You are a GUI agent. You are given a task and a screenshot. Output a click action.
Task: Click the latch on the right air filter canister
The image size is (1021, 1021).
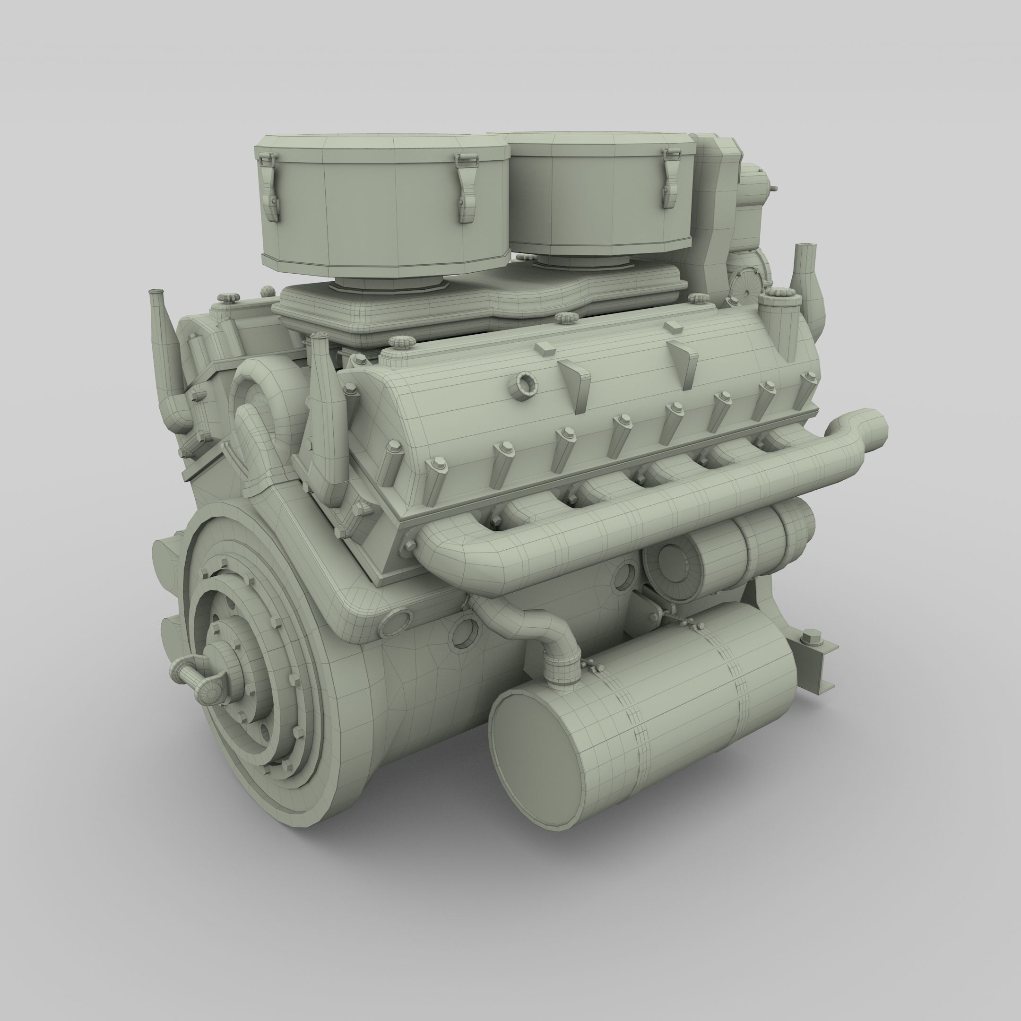tap(670, 177)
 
